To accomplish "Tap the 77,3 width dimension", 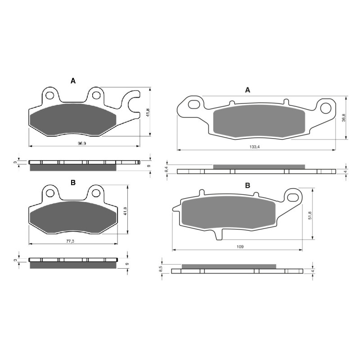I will click(70, 241).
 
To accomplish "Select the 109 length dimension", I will click(241, 247).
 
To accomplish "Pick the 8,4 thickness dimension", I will click(166, 170).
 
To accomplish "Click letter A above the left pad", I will click(73, 81).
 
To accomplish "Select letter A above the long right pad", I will click(247, 90).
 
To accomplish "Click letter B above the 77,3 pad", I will click(72, 182).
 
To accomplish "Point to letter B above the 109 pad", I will click(247, 185).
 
